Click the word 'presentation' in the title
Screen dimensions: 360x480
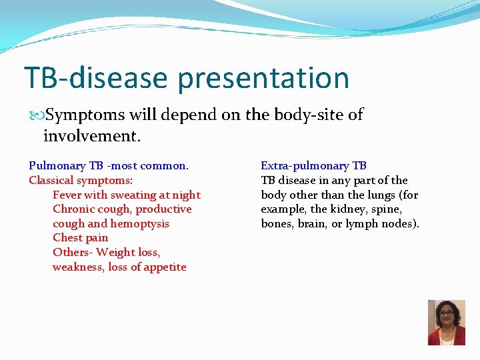coord(263,78)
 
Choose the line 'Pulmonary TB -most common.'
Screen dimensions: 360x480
coord(109,165)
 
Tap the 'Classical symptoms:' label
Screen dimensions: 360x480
coord(81,180)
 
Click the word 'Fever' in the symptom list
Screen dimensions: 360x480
coord(68,195)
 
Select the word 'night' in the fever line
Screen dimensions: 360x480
coord(186,195)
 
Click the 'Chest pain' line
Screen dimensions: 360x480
coord(80,237)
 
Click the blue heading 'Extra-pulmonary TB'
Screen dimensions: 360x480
coord(313,165)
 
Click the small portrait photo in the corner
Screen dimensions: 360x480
coord(446,323)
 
